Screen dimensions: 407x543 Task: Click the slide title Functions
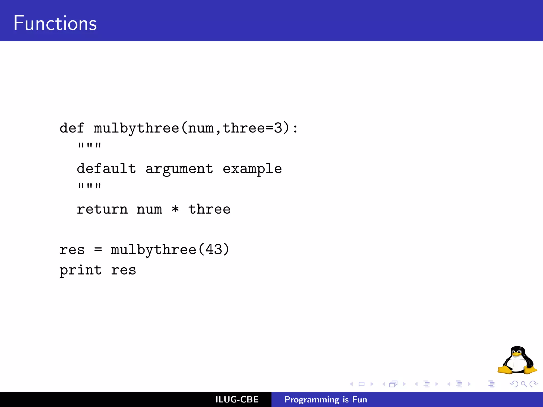click(x=55, y=23)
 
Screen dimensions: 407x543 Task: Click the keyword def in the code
click(x=72, y=128)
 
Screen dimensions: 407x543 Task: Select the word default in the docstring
click(x=106, y=169)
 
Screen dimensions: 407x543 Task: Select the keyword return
click(x=102, y=209)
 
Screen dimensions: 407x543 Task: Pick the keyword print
click(x=81, y=271)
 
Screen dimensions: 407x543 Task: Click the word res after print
click(x=124, y=271)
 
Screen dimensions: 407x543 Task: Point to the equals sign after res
click(x=98, y=250)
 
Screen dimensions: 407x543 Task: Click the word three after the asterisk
click(x=209, y=209)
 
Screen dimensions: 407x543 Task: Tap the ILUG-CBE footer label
click(x=237, y=400)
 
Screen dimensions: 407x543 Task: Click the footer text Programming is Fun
click(x=326, y=400)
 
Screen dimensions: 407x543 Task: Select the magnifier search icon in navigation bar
click(x=524, y=384)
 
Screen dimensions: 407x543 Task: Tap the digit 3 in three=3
click(x=278, y=128)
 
